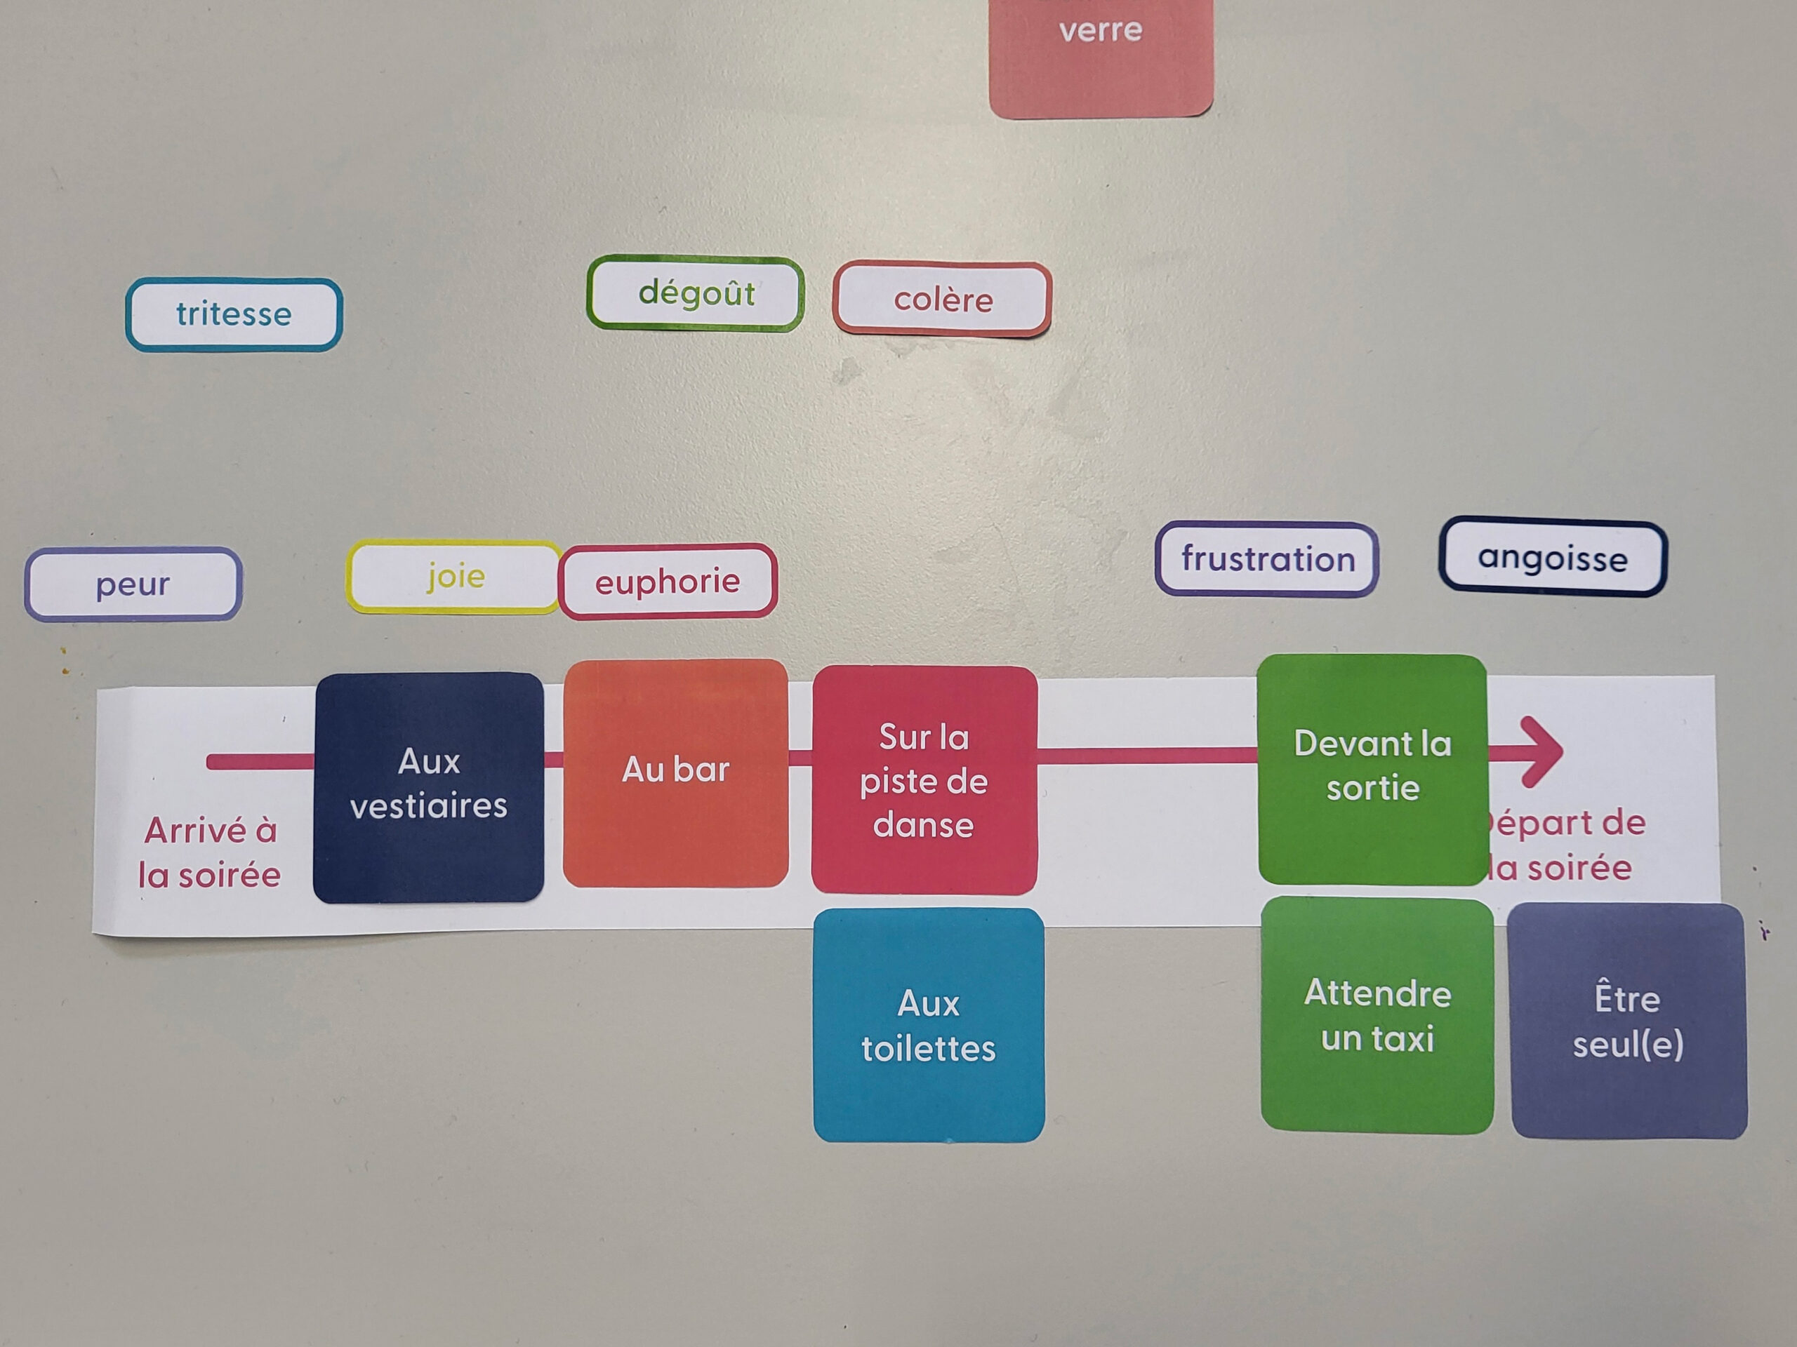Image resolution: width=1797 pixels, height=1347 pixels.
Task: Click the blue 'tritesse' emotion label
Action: tap(234, 314)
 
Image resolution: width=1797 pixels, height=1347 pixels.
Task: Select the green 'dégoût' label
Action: tap(696, 293)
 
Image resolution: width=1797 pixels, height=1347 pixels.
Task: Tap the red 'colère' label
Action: tap(942, 300)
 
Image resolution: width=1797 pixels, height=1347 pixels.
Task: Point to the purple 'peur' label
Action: tap(133, 584)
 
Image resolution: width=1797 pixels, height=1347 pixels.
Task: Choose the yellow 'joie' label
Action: tap(454, 577)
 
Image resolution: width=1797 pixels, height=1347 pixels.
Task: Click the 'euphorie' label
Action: tap(668, 582)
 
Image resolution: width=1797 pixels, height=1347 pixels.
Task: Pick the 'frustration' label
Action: tap(1266, 559)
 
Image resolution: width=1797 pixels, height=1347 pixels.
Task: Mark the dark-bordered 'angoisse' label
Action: tap(1553, 558)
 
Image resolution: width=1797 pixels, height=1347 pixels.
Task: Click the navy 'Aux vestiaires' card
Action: tap(428, 786)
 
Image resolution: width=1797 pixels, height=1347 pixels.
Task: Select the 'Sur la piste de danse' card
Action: tap(924, 780)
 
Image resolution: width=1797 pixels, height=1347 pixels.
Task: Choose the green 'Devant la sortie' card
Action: tap(1372, 768)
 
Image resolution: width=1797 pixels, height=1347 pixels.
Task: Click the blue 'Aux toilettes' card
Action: tap(929, 1026)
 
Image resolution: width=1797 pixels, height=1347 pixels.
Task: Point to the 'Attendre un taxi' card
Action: tap(1377, 1016)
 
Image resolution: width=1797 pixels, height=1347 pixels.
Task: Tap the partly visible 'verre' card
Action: tap(1101, 57)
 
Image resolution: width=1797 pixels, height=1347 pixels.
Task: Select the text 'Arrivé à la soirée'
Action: tap(210, 852)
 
